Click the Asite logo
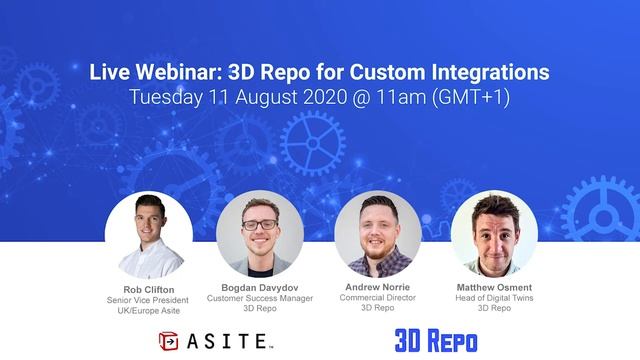pyautogui.click(x=215, y=340)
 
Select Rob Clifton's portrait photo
pyautogui.click(x=149, y=235)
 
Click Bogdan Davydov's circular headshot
pyautogui.click(x=260, y=234)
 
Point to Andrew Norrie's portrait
pyautogui.click(x=376, y=234)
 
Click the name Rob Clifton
pyautogui.click(x=149, y=289)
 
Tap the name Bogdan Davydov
pyautogui.click(x=260, y=287)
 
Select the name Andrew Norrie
pyautogui.click(x=376, y=287)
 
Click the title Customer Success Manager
pyautogui.click(x=260, y=298)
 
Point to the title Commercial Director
pyautogui.click(x=376, y=298)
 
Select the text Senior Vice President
pyautogui.click(x=149, y=300)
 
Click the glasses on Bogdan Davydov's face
pyautogui.click(x=259, y=224)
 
